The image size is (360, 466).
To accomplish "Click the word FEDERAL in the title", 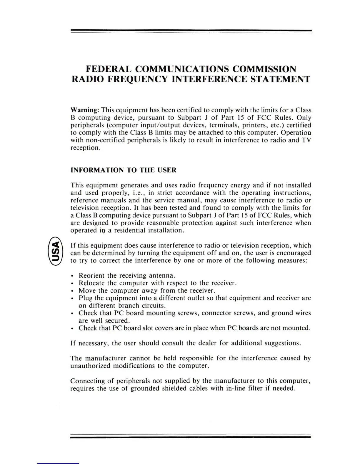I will pos(108,69).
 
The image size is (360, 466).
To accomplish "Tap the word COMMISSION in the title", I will pos(264,69).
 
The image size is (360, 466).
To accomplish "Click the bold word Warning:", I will pos(84,110).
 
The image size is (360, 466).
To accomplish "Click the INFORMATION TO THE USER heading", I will pos(124,170).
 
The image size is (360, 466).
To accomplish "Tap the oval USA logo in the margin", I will pos(55,252).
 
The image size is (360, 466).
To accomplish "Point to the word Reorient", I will pos(91,276).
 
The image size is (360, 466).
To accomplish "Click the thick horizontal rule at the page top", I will pos(191,30).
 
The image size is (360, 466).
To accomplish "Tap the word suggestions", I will pos(283,343).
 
